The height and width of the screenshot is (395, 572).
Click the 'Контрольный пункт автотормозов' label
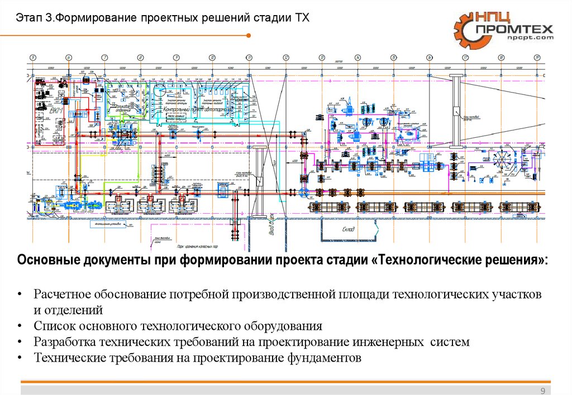point(196,110)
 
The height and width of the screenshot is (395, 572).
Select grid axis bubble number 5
point(33,57)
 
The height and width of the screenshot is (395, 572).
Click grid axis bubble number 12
point(285,57)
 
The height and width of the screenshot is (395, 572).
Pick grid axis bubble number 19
point(536,57)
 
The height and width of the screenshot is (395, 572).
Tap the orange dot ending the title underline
point(248,35)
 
